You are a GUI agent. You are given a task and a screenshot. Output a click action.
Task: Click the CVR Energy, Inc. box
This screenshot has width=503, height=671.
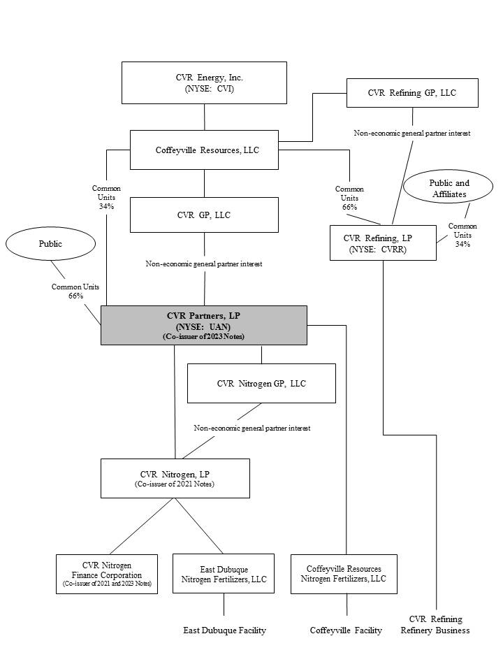pyautogui.click(x=204, y=82)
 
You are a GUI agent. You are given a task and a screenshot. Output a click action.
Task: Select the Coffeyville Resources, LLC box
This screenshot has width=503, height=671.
pyautogui.click(x=204, y=150)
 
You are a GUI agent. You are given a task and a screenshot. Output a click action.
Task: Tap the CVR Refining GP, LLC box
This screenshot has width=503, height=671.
pyautogui.click(x=412, y=93)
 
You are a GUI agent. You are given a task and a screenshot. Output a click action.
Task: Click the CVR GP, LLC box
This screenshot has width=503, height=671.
pyautogui.click(x=204, y=215)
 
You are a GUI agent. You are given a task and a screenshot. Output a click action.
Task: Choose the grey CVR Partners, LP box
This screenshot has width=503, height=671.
pyautogui.click(x=204, y=325)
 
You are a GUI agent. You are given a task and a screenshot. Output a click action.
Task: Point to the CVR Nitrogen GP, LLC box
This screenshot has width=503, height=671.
pyautogui.click(x=261, y=383)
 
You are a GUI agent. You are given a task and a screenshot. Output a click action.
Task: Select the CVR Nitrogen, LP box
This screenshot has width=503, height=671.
pyautogui.click(x=175, y=478)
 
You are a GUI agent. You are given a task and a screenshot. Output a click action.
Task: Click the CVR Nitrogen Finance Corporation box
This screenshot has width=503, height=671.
pyautogui.click(x=107, y=574)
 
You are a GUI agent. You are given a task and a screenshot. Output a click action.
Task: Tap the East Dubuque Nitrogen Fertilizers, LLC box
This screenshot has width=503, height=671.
pyautogui.click(x=224, y=574)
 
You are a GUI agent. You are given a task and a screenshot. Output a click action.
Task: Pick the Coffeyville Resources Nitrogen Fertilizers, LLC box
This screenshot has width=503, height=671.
pyautogui.click(x=344, y=574)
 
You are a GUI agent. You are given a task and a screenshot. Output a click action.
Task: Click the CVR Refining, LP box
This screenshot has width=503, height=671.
pyautogui.click(x=383, y=243)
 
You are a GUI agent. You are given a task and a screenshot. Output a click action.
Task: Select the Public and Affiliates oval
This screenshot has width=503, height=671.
pyautogui.click(x=449, y=188)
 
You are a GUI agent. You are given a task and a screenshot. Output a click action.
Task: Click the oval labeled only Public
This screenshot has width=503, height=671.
pyautogui.click(x=50, y=244)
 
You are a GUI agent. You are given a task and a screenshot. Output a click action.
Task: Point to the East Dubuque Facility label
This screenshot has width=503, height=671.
pyautogui.click(x=224, y=630)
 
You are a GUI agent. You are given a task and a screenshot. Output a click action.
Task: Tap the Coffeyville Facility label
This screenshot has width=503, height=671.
pyautogui.click(x=346, y=630)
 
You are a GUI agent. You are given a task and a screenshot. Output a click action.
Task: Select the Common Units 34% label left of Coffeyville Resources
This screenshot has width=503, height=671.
pyautogui.click(x=106, y=197)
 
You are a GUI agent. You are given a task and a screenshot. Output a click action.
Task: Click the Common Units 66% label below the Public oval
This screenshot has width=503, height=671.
pyautogui.click(x=75, y=291)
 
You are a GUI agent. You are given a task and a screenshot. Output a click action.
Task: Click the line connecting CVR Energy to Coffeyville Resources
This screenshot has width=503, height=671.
pyautogui.click(x=204, y=117)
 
